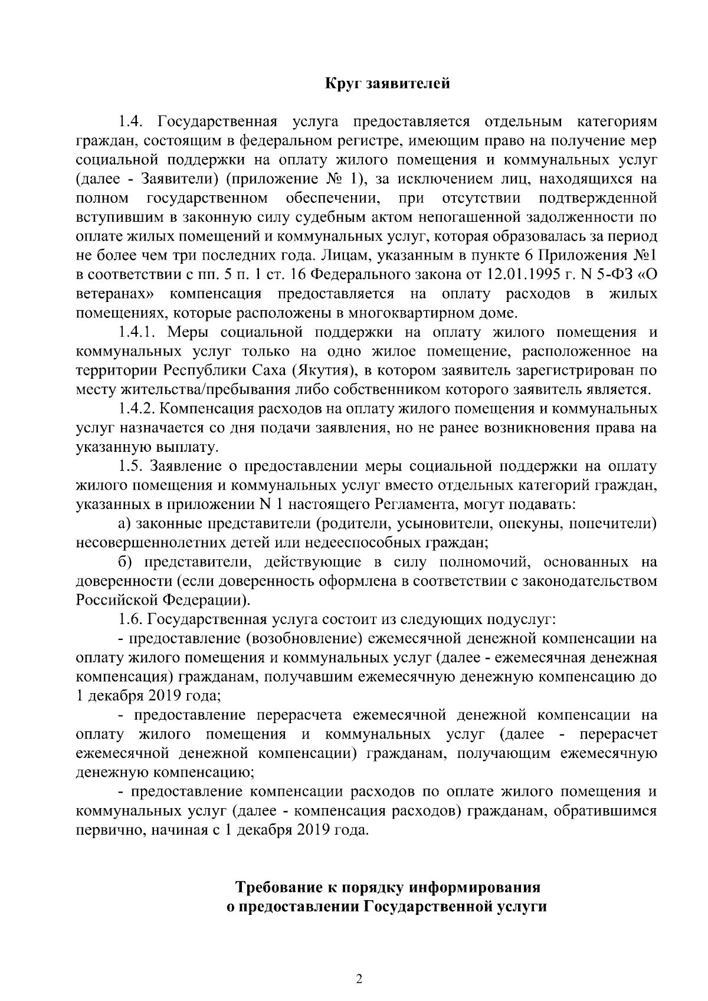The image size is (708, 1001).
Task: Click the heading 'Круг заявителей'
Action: click(x=388, y=83)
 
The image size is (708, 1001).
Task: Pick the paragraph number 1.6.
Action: click(x=130, y=619)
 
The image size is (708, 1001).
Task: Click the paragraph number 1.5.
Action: click(x=130, y=466)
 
